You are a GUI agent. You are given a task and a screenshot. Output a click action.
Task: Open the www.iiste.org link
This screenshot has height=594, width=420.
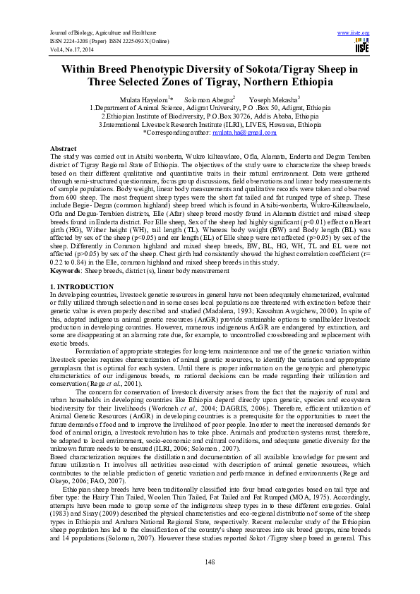click(x=354, y=32)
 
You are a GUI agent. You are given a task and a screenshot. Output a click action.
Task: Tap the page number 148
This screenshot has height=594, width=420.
click(x=209, y=561)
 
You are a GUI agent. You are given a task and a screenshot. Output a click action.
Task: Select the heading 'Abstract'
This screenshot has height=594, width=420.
click(x=63, y=149)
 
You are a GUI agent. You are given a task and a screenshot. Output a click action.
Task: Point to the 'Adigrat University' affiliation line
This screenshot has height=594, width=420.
click(x=209, y=108)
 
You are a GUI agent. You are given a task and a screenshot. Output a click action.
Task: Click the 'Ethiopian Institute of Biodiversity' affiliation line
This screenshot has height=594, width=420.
click(x=209, y=116)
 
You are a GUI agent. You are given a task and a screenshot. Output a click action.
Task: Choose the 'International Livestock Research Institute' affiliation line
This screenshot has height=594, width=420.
click(x=209, y=124)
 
